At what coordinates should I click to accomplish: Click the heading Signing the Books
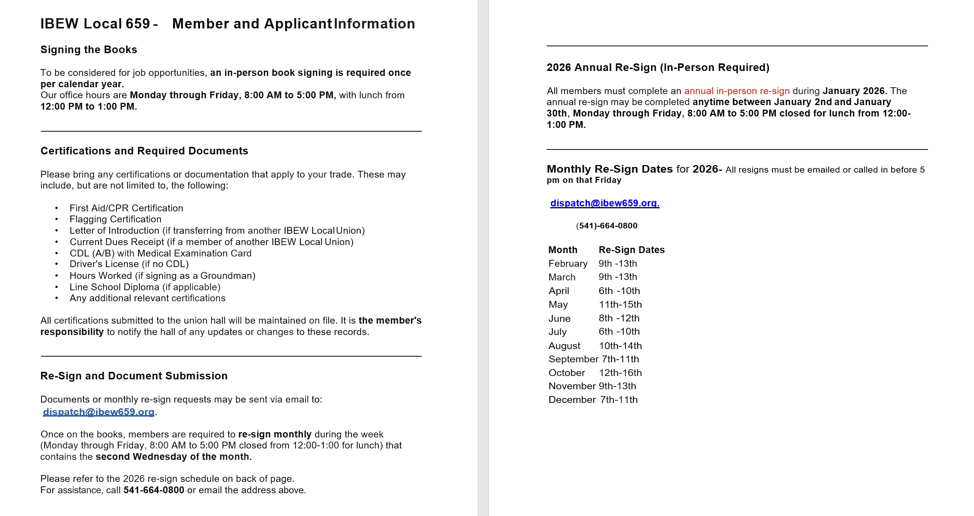[89, 50]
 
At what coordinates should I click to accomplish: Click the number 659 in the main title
[137, 24]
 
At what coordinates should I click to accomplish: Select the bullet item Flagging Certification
[115, 219]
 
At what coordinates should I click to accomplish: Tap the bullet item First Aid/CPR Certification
[126, 208]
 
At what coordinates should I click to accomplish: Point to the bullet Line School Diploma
[145, 287]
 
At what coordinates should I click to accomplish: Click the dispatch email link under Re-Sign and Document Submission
[99, 412]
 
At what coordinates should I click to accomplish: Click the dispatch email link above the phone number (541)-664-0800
[605, 203]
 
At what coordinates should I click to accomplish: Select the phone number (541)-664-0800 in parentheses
[607, 226]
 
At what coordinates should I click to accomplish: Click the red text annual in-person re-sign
[737, 91]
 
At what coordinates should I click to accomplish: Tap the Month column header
[563, 250]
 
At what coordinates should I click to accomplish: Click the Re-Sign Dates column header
[632, 250]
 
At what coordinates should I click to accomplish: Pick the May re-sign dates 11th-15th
[620, 305]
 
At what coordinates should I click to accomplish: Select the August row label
[564, 346]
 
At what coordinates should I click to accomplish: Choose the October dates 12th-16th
[620, 373]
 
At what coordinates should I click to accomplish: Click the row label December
[572, 400]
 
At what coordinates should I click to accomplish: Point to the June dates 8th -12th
[619, 318]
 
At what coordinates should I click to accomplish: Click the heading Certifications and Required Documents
[144, 151]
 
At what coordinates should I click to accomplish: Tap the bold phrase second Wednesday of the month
[173, 457]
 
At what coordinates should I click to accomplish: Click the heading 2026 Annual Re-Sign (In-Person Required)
[658, 68]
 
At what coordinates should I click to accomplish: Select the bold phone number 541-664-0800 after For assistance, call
[154, 490]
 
